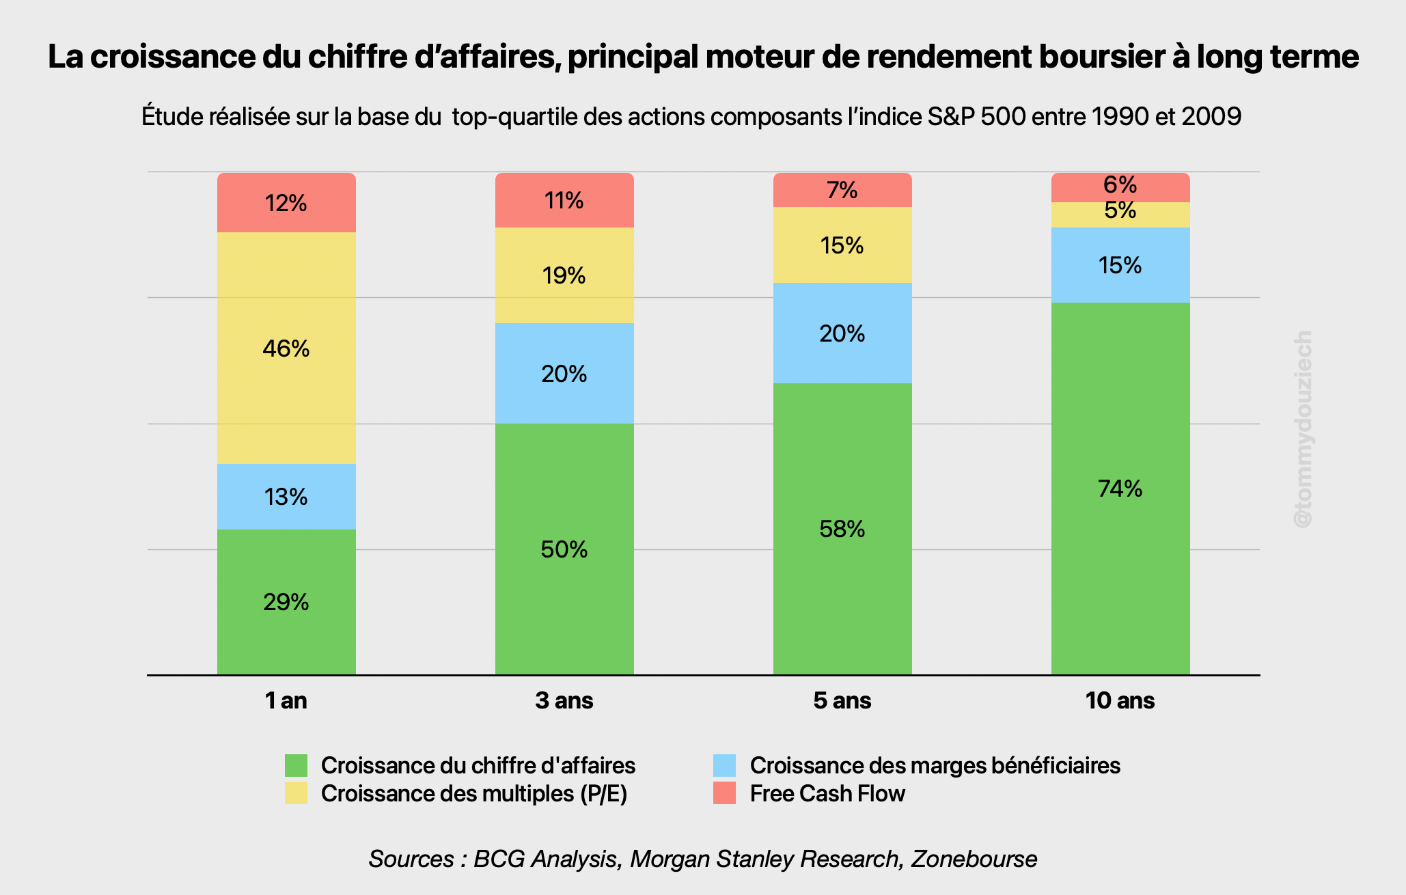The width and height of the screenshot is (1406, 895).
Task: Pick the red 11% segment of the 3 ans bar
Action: point(564,200)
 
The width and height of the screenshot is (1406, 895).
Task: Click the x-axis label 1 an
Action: point(286,700)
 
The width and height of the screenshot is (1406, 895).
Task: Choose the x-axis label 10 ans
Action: point(1120,700)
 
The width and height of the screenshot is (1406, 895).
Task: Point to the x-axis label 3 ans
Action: point(564,700)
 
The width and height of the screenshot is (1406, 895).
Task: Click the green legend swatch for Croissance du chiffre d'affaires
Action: point(296,765)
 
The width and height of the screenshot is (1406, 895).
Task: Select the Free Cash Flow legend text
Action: point(827,794)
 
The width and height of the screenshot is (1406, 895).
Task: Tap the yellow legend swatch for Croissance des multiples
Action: point(296,793)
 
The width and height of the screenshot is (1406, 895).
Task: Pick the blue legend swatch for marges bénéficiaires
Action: point(724,765)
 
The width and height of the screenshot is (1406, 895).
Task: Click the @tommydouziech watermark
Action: point(1303,428)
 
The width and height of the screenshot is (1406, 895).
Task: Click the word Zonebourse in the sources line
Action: point(974,859)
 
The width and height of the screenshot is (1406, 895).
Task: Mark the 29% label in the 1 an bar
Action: point(286,602)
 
